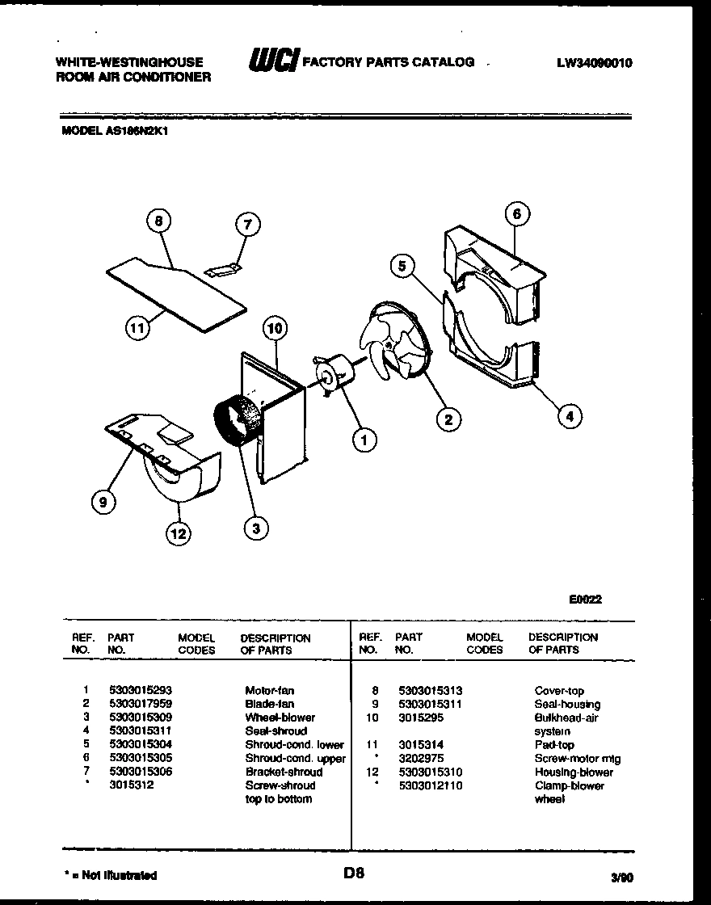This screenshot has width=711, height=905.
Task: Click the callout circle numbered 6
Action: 517,214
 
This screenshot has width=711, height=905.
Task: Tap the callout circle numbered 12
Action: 179,532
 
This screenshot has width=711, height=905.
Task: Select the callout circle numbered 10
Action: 275,328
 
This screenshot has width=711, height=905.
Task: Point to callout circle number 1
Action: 364,440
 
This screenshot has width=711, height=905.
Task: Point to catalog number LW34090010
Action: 594,63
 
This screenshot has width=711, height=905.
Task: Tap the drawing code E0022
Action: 585,600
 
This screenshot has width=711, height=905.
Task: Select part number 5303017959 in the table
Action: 141,704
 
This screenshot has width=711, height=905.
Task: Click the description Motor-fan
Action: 270,690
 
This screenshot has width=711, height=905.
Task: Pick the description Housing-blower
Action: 574,772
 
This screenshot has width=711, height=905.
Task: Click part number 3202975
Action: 421,759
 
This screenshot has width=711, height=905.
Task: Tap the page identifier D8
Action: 354,873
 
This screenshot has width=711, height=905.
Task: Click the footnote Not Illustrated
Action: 111,875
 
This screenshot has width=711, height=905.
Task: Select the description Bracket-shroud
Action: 284,772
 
